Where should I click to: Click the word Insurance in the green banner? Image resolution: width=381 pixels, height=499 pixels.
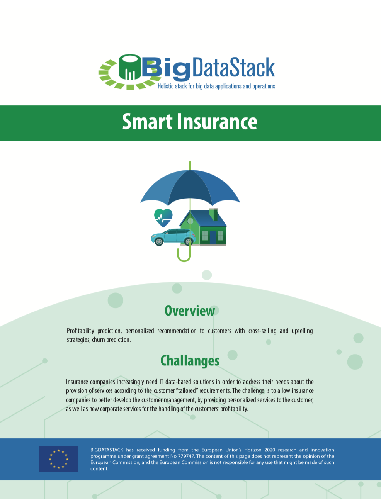(x=217, y=122)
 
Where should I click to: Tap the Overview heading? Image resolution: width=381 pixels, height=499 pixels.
(x=190, y=311)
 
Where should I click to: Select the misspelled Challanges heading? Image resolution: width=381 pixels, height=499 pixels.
(x=190, y=360)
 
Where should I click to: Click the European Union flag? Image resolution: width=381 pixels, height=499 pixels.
(x=58, y=459)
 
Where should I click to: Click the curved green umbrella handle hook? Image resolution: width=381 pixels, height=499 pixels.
(x=184, y=255)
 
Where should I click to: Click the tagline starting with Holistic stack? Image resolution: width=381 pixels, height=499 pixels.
(x=216, y=86)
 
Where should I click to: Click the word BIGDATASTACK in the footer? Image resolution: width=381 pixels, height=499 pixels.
(x=107, y=450)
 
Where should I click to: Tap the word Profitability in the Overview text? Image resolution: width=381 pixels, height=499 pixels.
(x=80, y=331)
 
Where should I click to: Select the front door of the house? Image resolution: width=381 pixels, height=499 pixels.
(x=213, y=237)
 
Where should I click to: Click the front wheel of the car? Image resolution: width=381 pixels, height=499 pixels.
(x=159, y=242)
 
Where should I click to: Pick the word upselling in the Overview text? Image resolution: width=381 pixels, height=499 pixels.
(x=302, y=331)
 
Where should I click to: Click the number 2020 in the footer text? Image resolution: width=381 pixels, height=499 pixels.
(x=270, y=450)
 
